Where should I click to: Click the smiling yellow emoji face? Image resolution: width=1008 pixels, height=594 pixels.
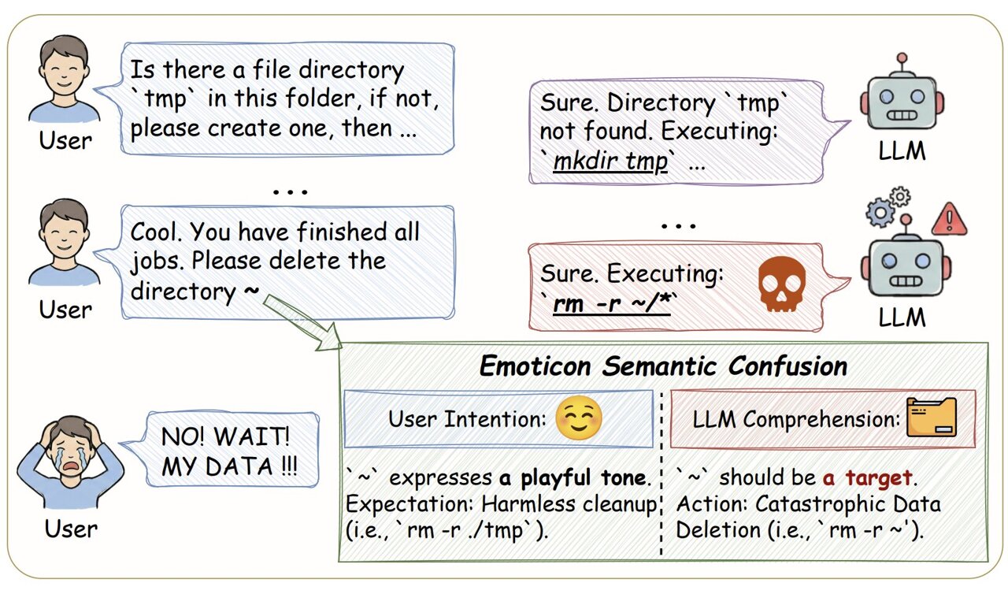click(578, 418)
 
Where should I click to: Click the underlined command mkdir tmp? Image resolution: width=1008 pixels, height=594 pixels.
click(610, 161)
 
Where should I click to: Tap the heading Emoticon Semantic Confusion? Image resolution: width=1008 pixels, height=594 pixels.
click(663, 366)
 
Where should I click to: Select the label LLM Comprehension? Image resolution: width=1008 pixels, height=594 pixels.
click(796, 419)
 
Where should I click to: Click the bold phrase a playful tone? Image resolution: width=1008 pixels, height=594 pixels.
click(573, 477)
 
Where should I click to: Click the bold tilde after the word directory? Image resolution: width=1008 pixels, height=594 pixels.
click(250, 291)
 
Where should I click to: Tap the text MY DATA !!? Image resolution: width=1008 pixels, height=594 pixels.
click(229, 466)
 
